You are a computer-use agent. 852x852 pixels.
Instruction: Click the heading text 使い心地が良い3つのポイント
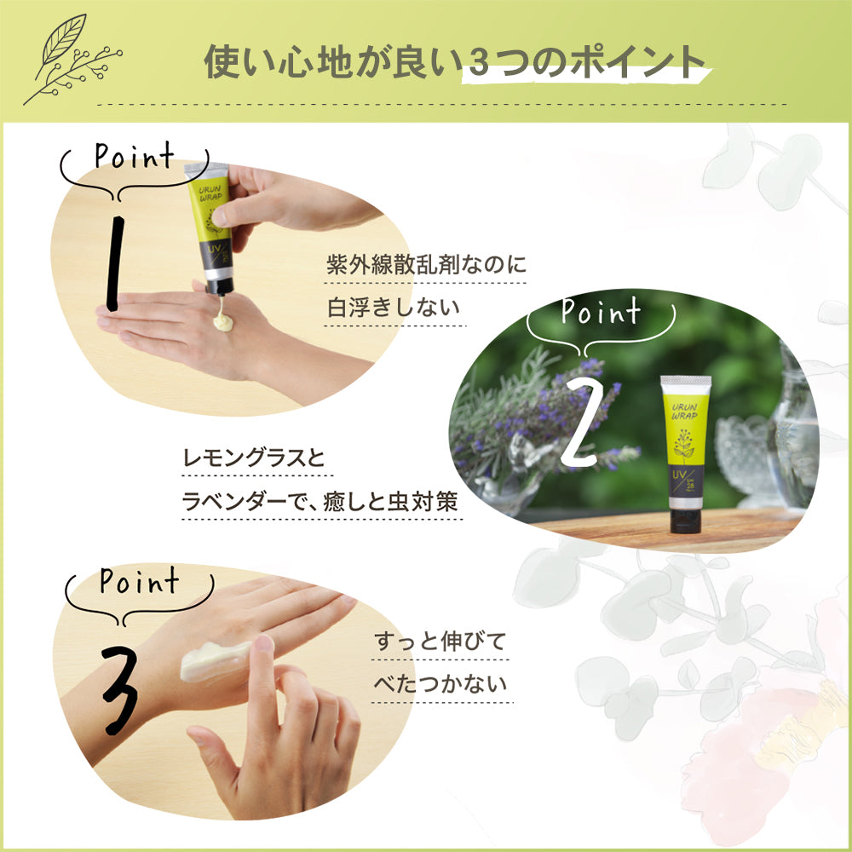[x=455, y=62]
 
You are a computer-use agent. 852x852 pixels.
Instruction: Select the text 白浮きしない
[x=393, y=308]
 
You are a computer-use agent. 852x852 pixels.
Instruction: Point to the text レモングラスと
[x=255, y=459]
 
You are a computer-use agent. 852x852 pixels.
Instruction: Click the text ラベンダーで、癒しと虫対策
[x=321, y=503]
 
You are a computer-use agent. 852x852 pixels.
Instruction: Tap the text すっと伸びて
[x=440, y=642]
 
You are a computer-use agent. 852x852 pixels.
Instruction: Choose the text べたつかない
[x=440, y=684]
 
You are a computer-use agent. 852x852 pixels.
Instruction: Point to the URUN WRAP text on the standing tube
[x=686, y=408]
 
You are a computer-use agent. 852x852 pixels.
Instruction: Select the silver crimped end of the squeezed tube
[x=204, y=170]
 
